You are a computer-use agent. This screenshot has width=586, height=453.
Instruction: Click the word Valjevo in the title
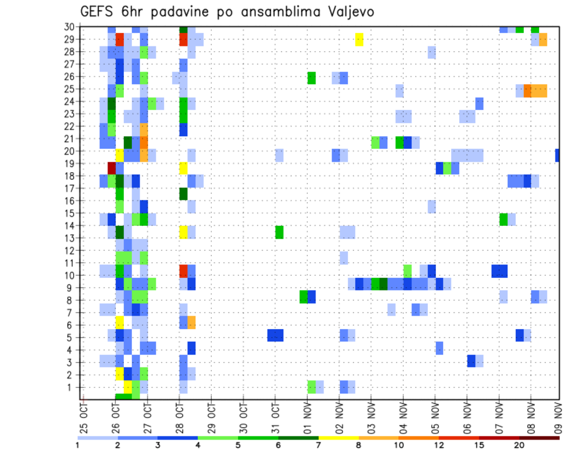pyautogui.click(x=347, y=12)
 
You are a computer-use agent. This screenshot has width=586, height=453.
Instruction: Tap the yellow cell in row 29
pyautogui.click(x=359, y=40)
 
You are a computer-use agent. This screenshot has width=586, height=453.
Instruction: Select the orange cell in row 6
pyautogui.click(x=192, y=322)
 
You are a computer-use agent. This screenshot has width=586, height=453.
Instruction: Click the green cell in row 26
pyautogui.click(x=311, y=78)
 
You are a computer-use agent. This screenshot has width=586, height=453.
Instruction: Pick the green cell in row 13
pyautogui.click(x=279, y=232)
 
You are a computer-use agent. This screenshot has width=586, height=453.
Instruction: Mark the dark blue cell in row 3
pyautogui.click(x=471, y=361)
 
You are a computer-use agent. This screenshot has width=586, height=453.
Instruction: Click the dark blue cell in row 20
pyautogui.click(x=558, y=155)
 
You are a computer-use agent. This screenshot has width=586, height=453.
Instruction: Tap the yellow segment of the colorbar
pyautogui.click(x=338, y=438)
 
